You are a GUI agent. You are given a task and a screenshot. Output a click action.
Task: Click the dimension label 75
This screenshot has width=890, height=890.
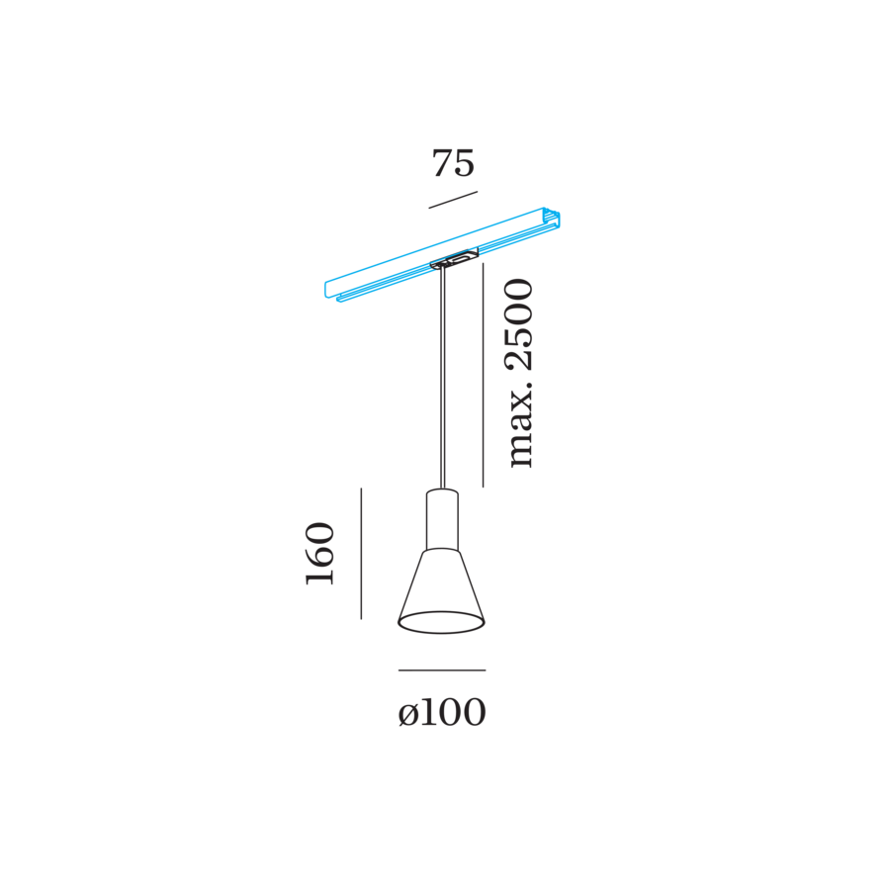click(x=453, y=163)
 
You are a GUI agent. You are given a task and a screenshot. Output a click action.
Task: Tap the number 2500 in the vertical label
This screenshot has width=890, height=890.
click(x=519, y=324)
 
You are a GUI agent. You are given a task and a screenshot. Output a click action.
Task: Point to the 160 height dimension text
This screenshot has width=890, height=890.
click(x=320, y=554)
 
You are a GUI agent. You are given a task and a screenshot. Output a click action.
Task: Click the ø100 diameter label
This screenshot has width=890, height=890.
click(x=442, y=712)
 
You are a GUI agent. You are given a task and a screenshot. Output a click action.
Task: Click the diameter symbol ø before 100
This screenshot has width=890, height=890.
click(x=407, y=715)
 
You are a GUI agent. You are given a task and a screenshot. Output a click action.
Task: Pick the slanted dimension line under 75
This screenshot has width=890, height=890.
click(x=453, y=200)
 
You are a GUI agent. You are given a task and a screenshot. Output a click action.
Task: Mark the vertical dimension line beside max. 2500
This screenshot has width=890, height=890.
click(x=483, y=374)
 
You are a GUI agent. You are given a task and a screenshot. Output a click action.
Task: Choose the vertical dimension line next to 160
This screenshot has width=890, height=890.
click(x=361, y=554)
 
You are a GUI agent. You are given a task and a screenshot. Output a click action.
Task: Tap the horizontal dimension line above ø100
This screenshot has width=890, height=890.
click(x=442, y=670)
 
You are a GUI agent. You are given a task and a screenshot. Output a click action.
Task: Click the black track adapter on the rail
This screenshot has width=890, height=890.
click(x=454, y=258)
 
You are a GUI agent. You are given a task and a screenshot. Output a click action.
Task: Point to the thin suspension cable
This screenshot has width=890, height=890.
click(x=443, y=379)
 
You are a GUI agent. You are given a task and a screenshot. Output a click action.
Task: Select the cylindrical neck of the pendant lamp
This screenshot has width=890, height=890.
click(x=442, y=519)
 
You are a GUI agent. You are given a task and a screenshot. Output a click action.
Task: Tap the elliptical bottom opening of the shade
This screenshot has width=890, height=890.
click(x=442, y=622)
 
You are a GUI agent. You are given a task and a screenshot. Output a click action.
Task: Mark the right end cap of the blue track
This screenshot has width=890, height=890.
click(x=552, y=219)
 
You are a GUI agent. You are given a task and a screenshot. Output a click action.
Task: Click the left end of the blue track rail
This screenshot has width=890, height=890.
click(x=328, y=290)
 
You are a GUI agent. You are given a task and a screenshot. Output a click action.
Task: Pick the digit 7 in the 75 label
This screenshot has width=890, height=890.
click(x=442, y=163)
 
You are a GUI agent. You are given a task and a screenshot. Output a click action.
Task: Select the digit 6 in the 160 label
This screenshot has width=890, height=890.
click(x=320, y=555)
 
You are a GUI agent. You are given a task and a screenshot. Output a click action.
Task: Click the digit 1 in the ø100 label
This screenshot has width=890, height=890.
click(x=427, y=712)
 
